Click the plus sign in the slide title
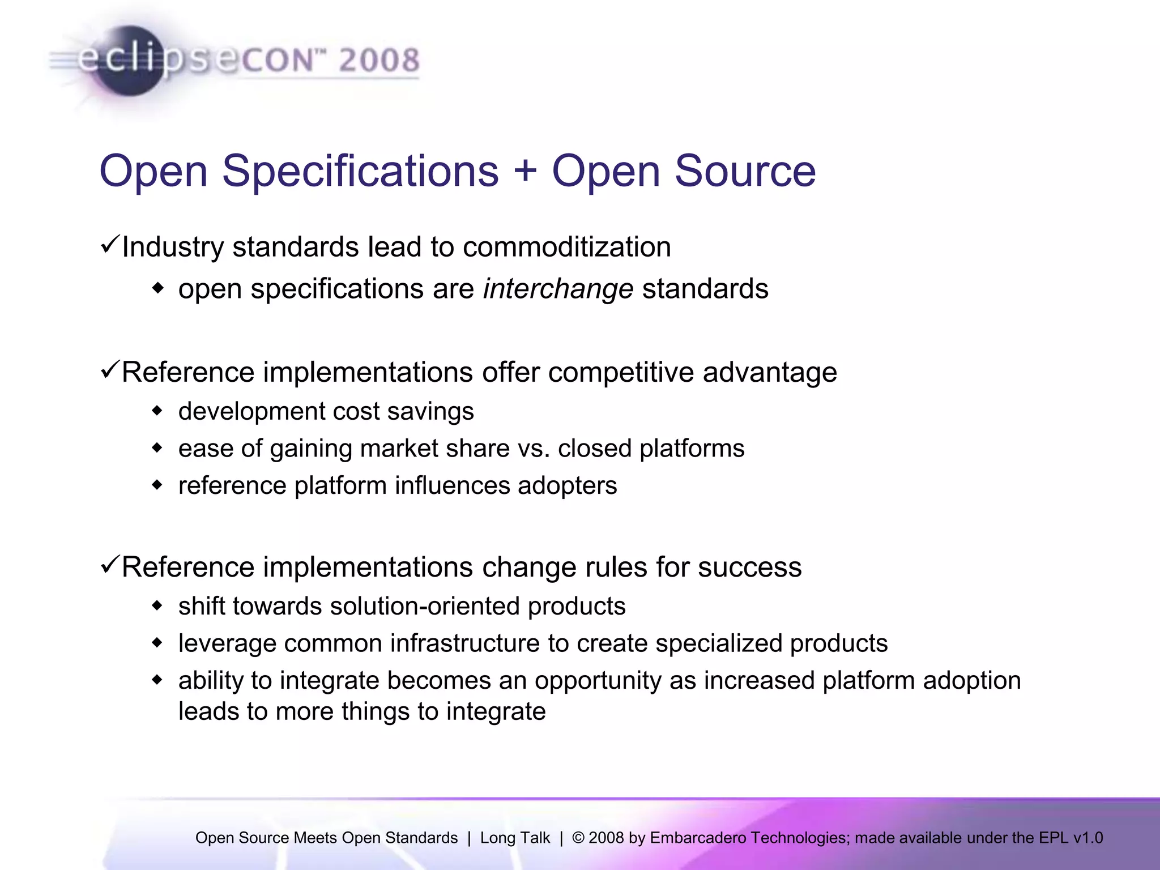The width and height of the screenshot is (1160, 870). pos(525,170)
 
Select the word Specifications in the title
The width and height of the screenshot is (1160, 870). pos(360,170)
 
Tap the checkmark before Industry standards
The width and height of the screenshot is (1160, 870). pos(109,245)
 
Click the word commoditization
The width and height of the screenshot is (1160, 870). pos(566,247)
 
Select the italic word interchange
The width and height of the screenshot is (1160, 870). pos(557,289)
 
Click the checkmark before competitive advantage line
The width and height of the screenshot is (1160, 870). pos(109,370)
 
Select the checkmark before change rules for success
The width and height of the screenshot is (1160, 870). pos(109,565)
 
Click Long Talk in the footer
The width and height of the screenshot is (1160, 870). pos(515,838)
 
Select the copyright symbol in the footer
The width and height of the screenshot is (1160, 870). pos(578,838)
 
